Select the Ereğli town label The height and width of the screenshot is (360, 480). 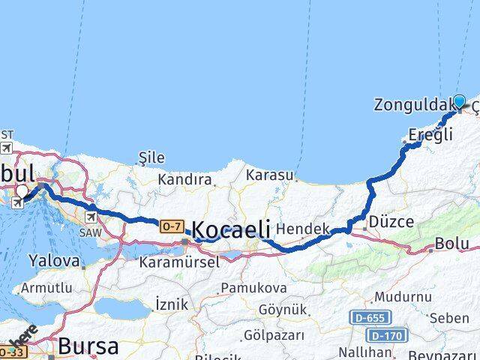coord(431,136)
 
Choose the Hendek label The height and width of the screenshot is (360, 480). coord(303,228)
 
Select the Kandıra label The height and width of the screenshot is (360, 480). coord(184,180)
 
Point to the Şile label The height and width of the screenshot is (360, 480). coord(151,157)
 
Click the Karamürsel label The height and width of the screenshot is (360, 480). coord(178,262)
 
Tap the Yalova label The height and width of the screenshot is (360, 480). coord(54,261)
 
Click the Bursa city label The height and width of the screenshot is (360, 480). coord(88,346)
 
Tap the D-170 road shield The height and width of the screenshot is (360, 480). coord(388,334)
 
